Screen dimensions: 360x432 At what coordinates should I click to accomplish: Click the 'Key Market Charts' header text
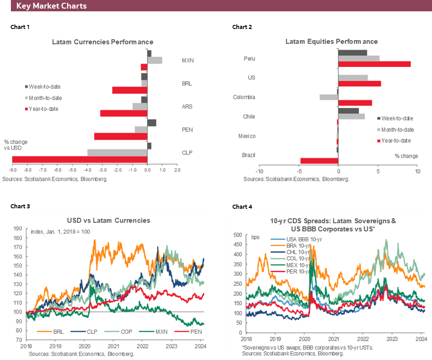click(x=51, y=6)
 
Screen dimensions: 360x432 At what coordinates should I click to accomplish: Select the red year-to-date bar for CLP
click(x=80, y=159)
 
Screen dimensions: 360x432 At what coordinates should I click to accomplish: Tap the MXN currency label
click(x=187, y=60)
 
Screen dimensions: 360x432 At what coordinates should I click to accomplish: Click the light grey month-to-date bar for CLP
click(x=117, y=153)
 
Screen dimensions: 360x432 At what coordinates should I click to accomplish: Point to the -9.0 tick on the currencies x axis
click(x=12, y=170)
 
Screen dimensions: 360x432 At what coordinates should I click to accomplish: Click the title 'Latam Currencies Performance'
click(x=102, y=42)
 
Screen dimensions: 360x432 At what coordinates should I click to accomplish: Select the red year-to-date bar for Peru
click(x=374, y=64)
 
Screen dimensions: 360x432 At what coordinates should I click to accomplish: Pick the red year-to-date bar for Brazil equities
click(x=319, y=161)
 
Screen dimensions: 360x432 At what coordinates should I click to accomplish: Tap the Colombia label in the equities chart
click(x=244, y=97)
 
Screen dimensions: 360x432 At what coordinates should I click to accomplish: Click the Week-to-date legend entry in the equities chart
click(x=397, y=118)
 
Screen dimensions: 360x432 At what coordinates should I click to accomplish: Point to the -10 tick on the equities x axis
click(x=259, y=172)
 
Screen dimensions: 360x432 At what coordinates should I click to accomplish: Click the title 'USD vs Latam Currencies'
click(x=108, y=221)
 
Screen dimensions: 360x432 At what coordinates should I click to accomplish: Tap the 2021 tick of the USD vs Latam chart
click(x=114, y=345)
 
